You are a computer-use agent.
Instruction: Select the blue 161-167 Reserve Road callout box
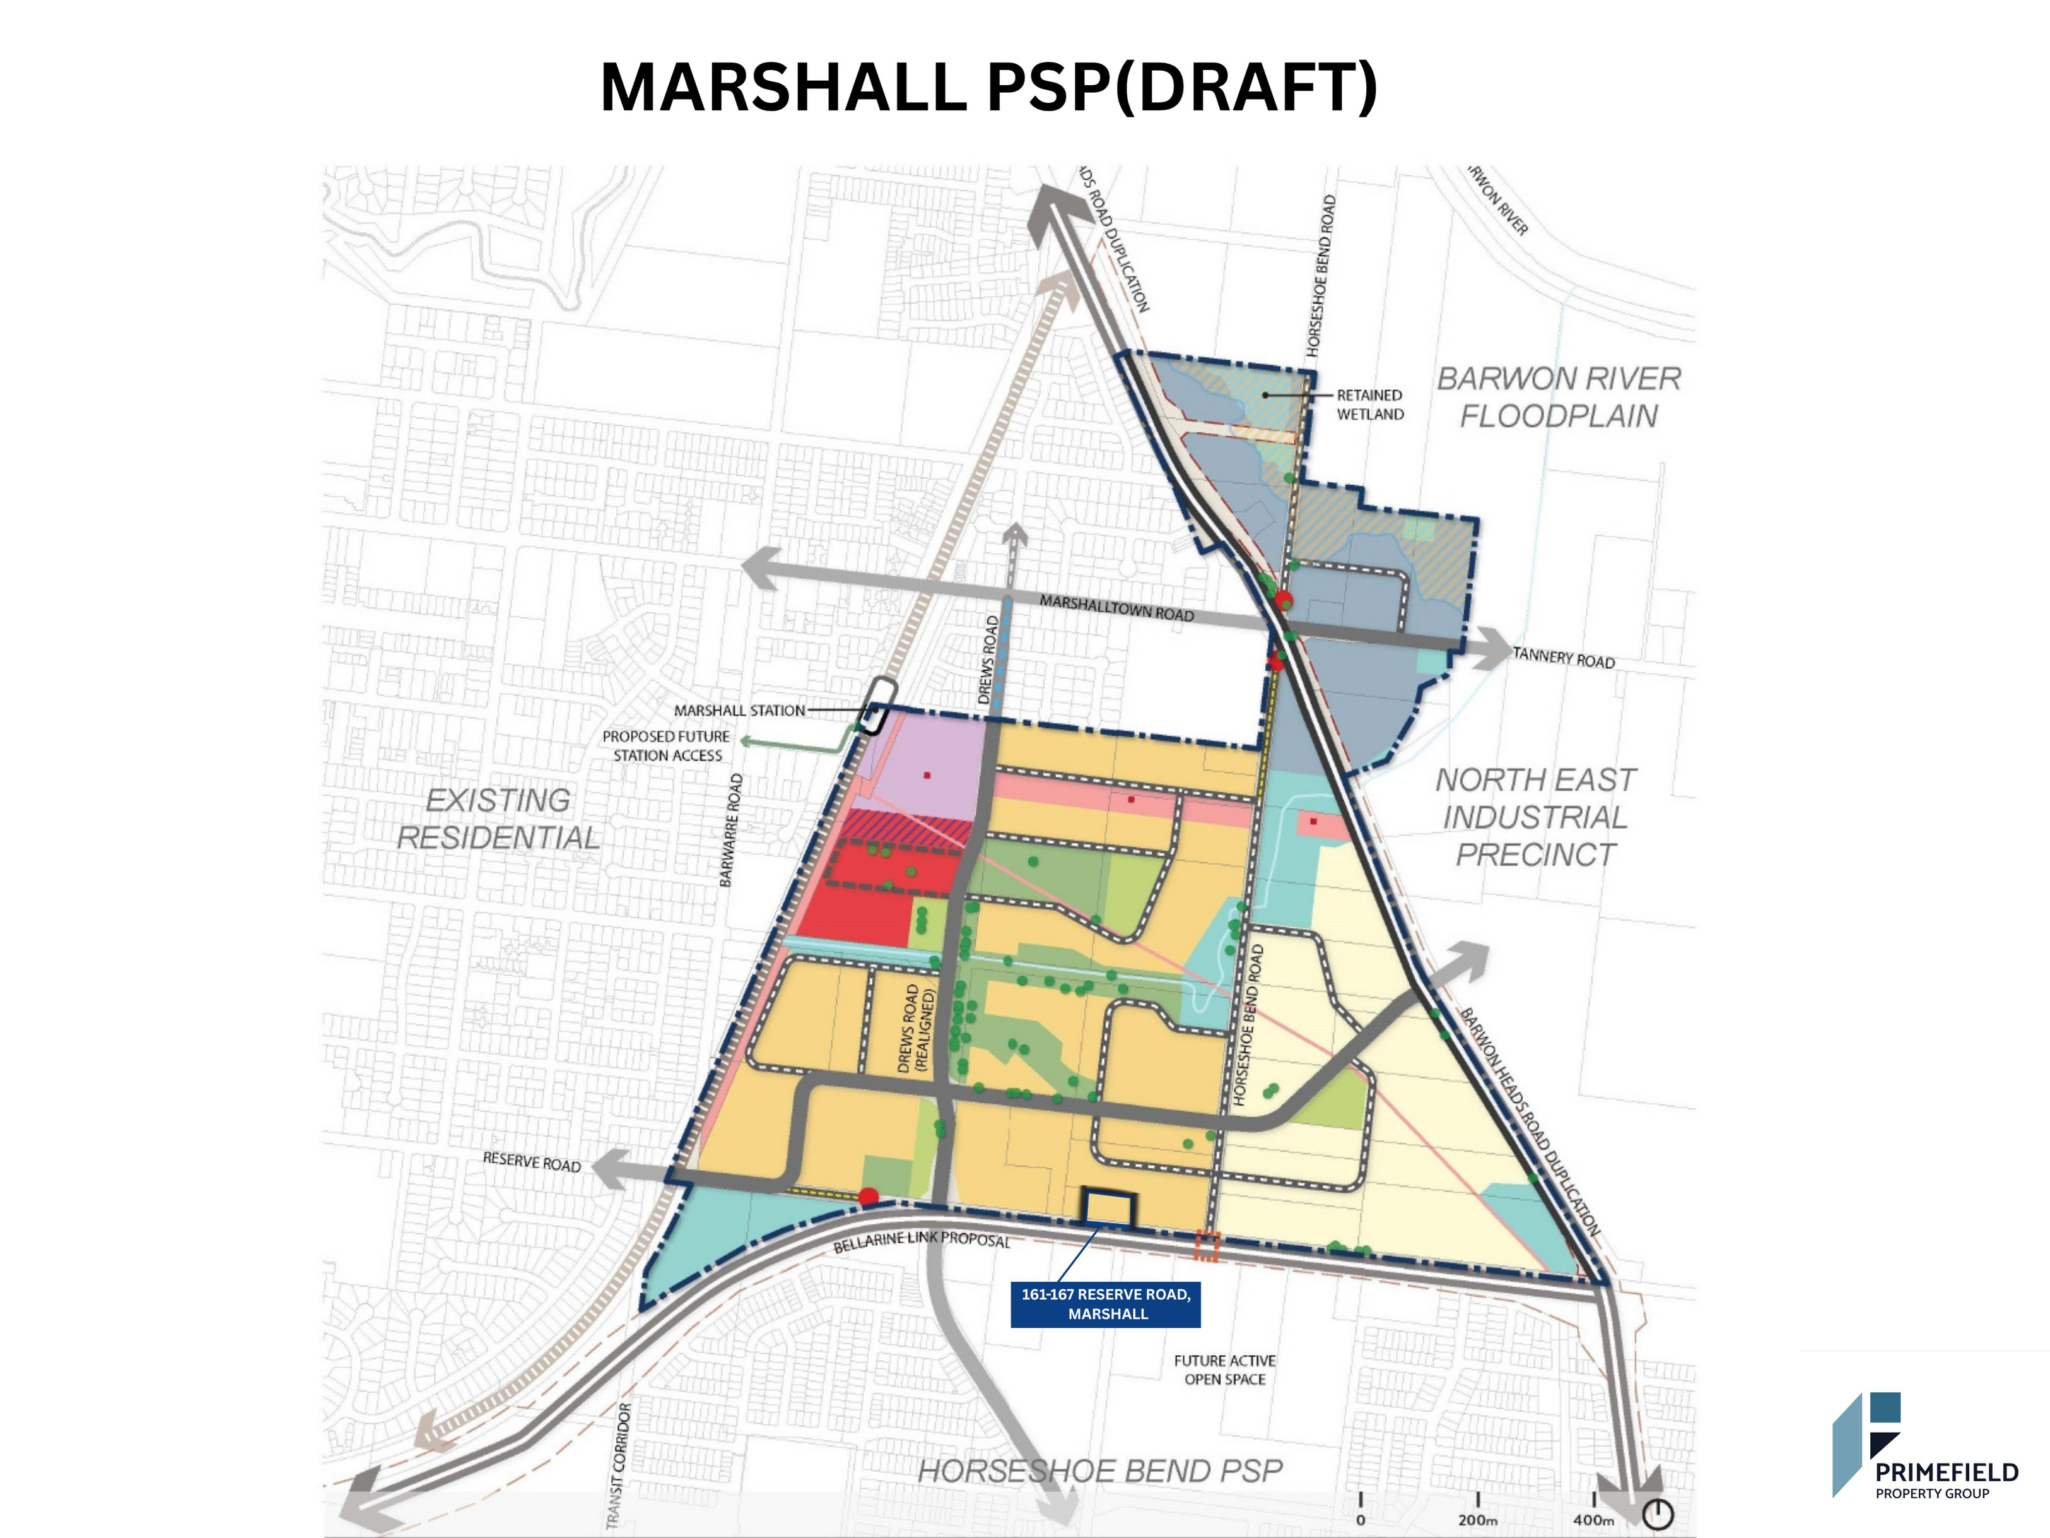pyautogui.click(x=1106, y=1303)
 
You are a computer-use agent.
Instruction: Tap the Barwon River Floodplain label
pyautogui.click(x=1558, y=397)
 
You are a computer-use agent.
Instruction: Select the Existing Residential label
pyautogui.click(x=498, y=819)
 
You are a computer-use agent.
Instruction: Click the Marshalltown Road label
pyautogui.click(x=1116, y=608)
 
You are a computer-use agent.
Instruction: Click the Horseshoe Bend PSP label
pyautogui.click(x=1099, y=1471)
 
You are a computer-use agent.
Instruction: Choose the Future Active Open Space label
pyautogui.click(x=1224, y=1369)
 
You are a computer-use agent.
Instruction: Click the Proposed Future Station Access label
pyautogui.click(x=666, y=745)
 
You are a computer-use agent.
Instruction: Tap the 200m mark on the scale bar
pyautogui.click(x=1477, y=1520)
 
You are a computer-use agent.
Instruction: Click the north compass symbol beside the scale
pyautogui.click(x=1658, y=1514)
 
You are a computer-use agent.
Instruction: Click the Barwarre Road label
pyautogui.click(x=731, y=830)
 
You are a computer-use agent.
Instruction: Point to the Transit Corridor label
pyautogui.click(x=618, y=1465)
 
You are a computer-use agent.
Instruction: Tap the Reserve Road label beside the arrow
pyautogui.click(x=531, y=1162)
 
